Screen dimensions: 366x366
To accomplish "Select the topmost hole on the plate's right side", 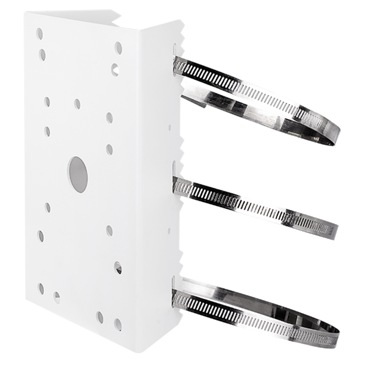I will (x=118, y=46).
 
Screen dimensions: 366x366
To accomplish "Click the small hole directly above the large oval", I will (x=77, y=104).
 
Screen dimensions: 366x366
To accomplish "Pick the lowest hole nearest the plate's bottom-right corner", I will (x=117, y=323).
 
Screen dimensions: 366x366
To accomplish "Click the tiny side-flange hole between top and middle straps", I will (x=169, y=128).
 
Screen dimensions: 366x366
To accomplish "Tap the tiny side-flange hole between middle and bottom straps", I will (x=169, y=231).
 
